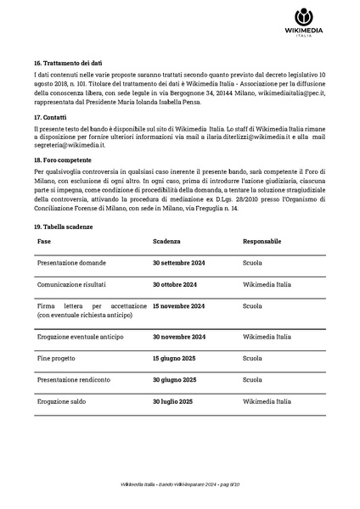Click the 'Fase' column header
click(44, 242)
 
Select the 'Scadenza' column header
click(166, 242)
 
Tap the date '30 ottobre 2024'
click(174, 285)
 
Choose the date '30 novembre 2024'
click(178, 337)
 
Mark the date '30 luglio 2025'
click(172, 400)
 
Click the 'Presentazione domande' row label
click(71, 264)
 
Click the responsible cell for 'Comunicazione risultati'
click(267, 285)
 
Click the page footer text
click(180, 484)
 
